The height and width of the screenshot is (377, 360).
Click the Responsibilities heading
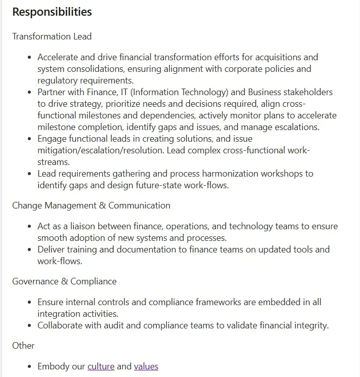[52, 12]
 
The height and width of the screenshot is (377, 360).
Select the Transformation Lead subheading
[52, 36]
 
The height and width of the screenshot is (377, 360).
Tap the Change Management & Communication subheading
[91, 205]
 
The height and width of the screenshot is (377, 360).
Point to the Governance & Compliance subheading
[64, 281]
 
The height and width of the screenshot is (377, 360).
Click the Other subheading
[23, 346]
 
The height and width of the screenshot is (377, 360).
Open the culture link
[101, 366]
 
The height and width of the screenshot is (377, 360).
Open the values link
[146, 366]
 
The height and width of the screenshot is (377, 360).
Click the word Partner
[52, 92]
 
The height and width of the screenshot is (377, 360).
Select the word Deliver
[51, 249]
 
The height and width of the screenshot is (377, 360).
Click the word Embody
[53, 366]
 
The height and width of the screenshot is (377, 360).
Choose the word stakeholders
[308, 92]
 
